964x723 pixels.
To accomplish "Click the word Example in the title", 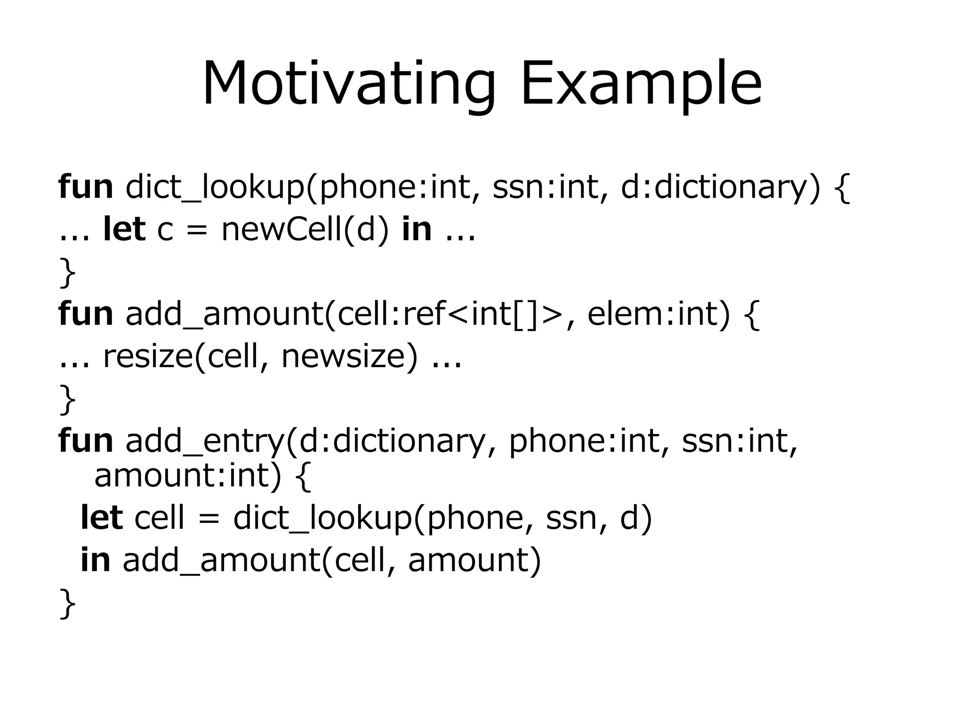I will tap(641, 85).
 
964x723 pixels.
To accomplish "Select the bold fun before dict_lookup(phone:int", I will tap(86, 187).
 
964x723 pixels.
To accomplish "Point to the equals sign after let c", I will tap(197, 231).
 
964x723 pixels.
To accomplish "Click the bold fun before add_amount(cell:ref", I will tap(86, 314).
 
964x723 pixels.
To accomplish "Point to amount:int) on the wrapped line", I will tap(187, 475).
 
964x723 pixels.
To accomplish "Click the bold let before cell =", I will tap(102, 517).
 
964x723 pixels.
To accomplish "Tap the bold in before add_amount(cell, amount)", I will tap(96, 560).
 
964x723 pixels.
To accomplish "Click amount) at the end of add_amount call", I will tap(474, 560).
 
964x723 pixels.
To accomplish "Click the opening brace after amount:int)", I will tap(303, 476).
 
